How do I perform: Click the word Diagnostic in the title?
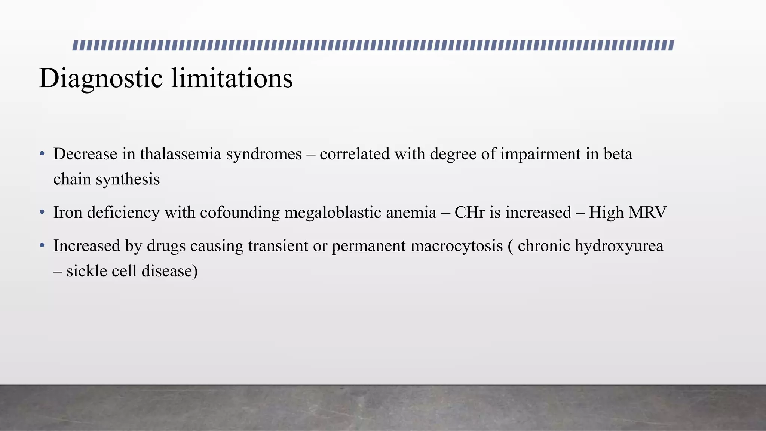[101, 79]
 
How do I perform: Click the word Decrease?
[85, 154]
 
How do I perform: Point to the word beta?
[618, 154]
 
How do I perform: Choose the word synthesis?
[128, 179]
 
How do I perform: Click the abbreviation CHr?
[470, 213]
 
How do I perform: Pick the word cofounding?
[240, 213]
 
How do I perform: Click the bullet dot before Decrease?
[42, 154]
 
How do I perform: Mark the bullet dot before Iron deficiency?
[42, 213]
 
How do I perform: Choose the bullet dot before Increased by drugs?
[42, 246]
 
